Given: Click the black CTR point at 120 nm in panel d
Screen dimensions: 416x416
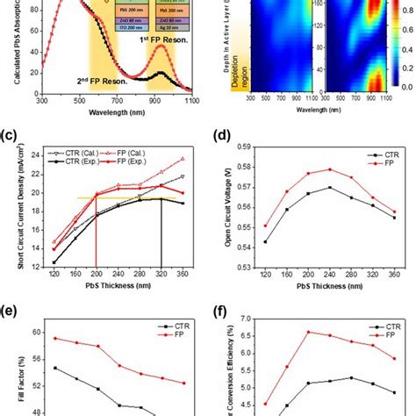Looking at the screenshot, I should click(x=265, y=241).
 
